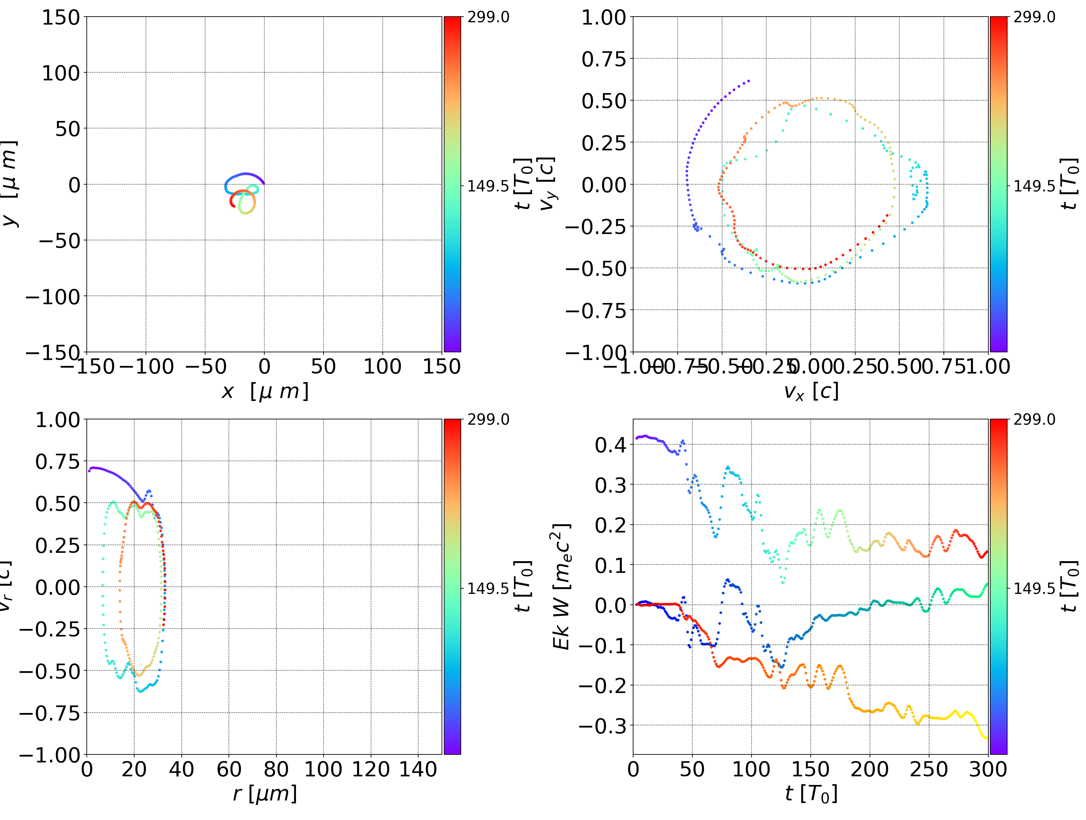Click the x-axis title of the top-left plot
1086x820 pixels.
265,392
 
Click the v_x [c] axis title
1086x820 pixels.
811,392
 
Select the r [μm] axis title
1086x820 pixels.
265,794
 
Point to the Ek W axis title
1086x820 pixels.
561,586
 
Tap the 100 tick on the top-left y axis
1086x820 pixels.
60,73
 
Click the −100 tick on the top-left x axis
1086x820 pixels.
146,367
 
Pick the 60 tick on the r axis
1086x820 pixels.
229,769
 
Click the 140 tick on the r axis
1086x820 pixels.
418,769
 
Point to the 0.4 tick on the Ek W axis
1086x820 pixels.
611,445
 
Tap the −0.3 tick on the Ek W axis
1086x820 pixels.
603,726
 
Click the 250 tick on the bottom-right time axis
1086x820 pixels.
928,769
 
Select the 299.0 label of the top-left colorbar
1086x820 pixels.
488,18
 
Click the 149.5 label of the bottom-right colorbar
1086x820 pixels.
1034,588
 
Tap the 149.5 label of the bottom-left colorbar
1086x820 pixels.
488,588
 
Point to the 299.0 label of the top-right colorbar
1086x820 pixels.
1034,18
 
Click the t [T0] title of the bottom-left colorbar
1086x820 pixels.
523,586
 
